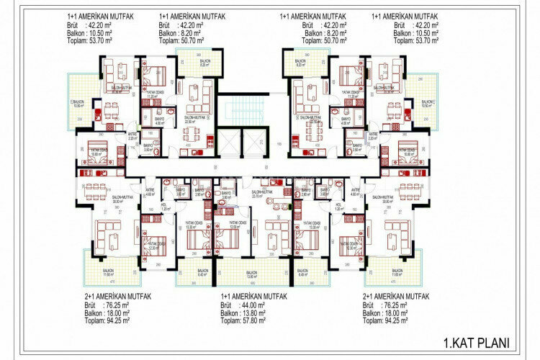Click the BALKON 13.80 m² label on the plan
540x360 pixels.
coord(251,274)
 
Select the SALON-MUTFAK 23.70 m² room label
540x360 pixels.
coord(261,193)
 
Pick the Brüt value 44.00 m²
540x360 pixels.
coord(248,305)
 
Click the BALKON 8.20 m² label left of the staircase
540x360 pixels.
coord(205,63)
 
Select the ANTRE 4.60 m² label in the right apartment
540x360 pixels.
coord(355,192)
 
